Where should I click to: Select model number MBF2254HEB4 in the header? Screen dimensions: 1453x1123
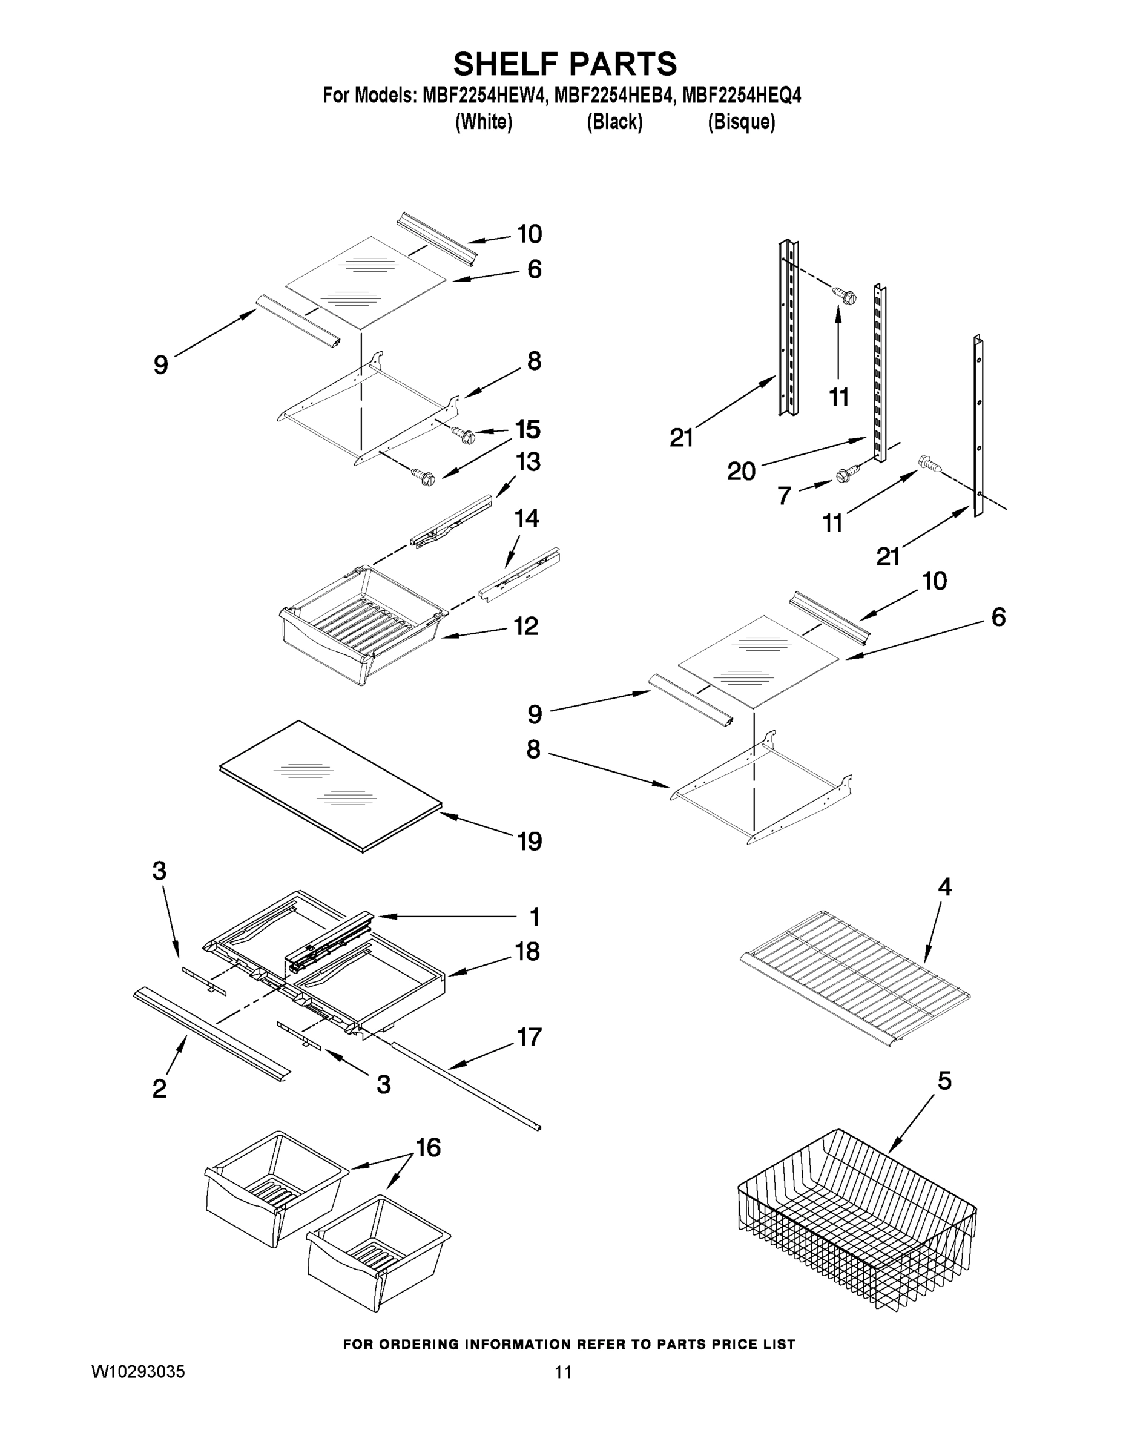click(x=613, y=96)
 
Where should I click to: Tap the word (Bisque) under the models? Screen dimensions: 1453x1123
click(x=741, y=122)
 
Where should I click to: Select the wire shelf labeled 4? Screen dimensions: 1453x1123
click(x=855, y=975)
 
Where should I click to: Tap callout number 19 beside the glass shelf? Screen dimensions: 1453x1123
click(x=530, y=842)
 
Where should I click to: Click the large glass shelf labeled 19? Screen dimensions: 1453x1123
click(x=332, y=785)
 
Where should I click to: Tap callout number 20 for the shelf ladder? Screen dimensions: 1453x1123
click(x=741, y=471)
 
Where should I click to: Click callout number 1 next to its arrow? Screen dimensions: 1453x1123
click(x=533, y=917)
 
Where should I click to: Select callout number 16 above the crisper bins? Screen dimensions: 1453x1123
click(x=428, y=1147)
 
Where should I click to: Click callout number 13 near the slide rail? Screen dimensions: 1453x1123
click(x=529, y=462)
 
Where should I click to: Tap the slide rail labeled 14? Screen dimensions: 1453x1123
click(x=519, y=573)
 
